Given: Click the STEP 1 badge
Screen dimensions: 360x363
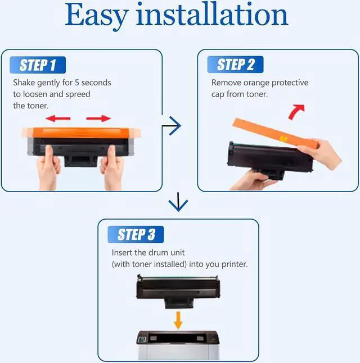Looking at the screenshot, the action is point(38,65).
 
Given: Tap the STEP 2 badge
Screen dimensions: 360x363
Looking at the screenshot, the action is point(235,65).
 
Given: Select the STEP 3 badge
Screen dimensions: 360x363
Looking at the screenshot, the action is point(136,234).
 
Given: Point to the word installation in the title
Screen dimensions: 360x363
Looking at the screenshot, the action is point(212,14).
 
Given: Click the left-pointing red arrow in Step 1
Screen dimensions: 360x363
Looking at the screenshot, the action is point(58,119).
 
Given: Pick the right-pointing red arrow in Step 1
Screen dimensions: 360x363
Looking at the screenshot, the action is point(98,119).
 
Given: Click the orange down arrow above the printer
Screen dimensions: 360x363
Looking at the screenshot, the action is point(178,320).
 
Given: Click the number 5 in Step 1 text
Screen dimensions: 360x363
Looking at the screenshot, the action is point(77,83).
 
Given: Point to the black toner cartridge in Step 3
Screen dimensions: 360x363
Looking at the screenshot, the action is point(178,291).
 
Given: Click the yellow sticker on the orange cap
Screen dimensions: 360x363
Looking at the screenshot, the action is point(283,139).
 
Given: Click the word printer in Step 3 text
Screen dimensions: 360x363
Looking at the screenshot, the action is point(235,265).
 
